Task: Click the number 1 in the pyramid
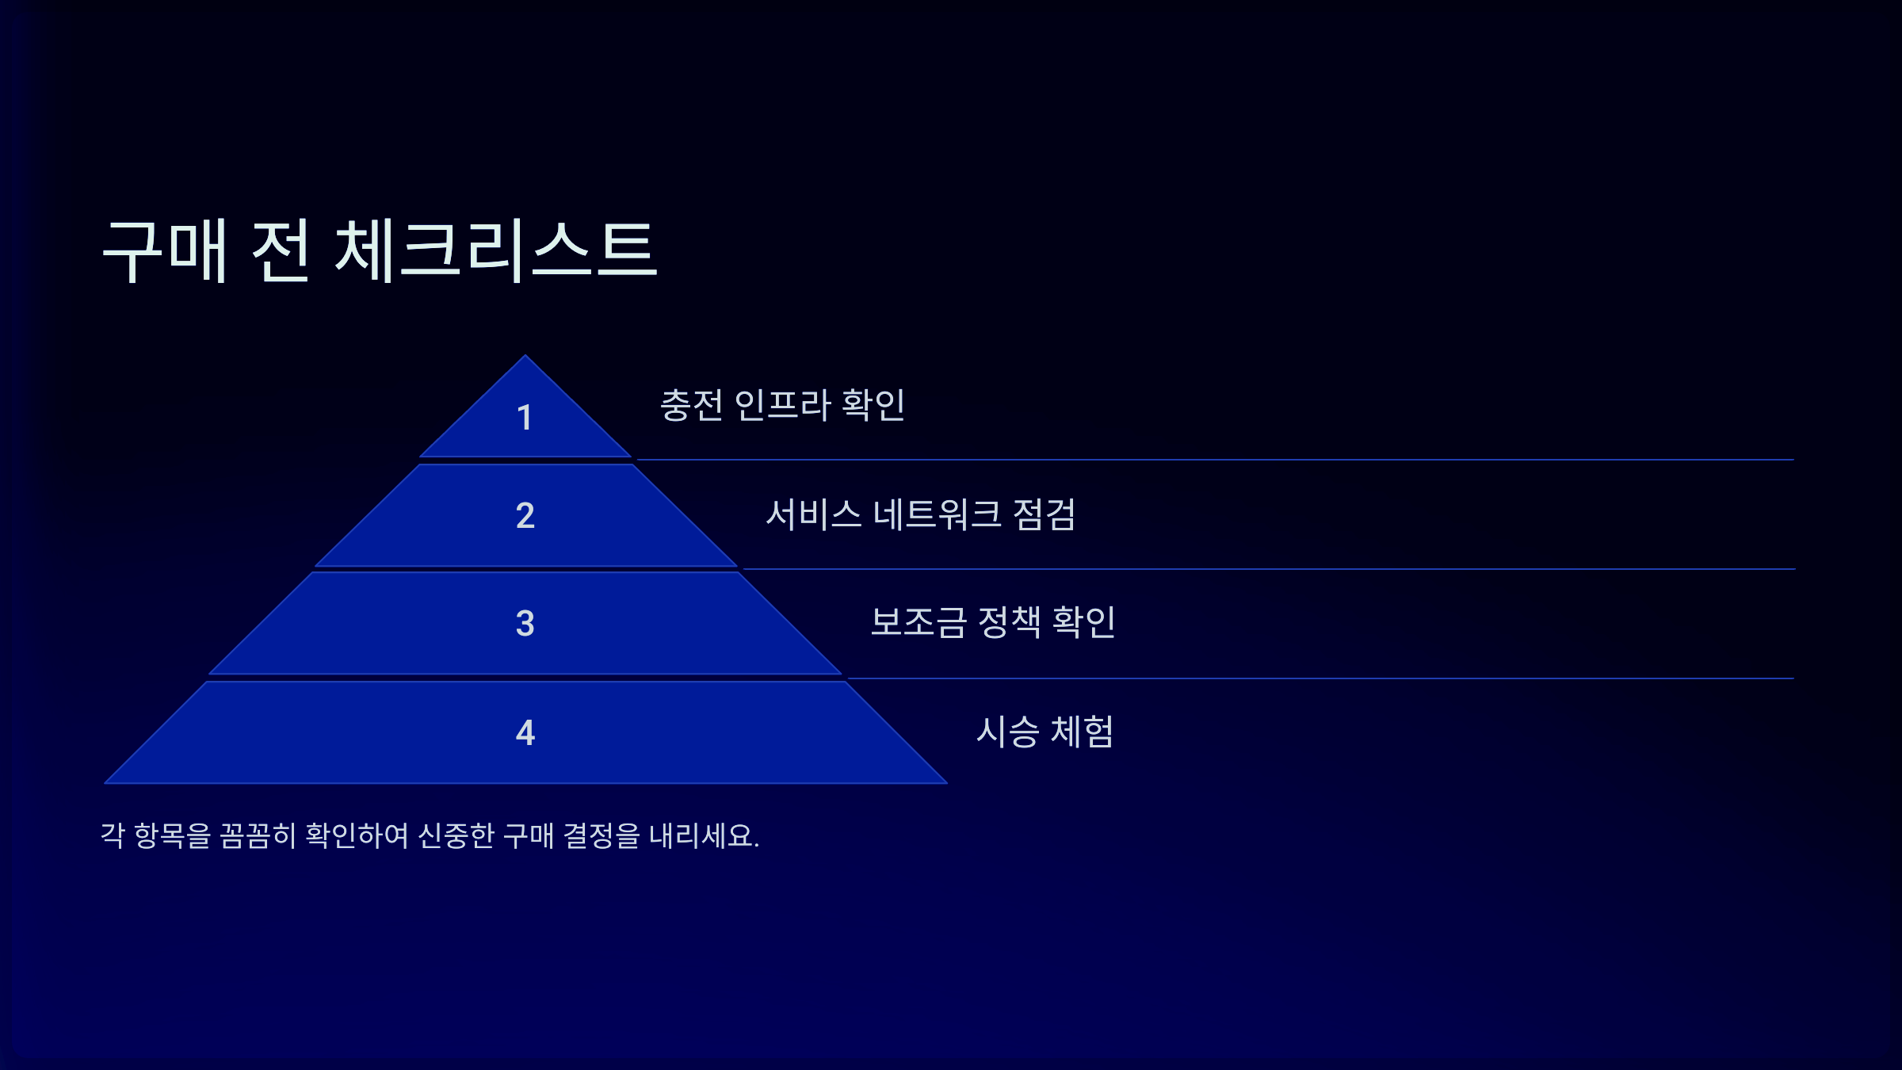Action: (524, 418)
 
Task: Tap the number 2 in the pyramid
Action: (525, 516)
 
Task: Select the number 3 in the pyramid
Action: (525, 624)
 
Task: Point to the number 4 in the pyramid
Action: (525, 732)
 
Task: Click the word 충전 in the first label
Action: (691, 405)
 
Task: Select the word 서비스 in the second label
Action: (813, 514)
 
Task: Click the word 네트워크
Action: (937, 514)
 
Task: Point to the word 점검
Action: (1044, 514)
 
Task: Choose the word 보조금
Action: (919, 622)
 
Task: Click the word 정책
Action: (1010, 622)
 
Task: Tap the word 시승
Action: (1007, 732)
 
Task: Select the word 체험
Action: (1082, 732)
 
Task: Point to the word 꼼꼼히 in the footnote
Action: (258, 835)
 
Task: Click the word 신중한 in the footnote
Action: (456, 835)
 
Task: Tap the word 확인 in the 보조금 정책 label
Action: (1083, 622)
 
